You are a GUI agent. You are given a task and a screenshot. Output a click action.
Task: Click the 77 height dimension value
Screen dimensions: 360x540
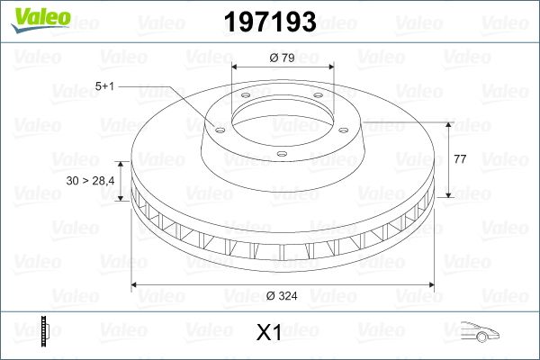[x=459, y=158]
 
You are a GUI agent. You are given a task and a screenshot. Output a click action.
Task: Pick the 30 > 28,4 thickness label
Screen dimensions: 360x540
[x=90, y=182]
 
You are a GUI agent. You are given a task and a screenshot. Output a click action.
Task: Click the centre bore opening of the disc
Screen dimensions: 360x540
[x=282, y=112]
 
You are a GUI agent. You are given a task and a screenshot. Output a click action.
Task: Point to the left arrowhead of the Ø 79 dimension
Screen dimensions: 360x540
[x=236, y=67]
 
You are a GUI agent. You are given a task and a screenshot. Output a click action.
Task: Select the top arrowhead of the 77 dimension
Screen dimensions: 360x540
[x=447, y=122]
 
